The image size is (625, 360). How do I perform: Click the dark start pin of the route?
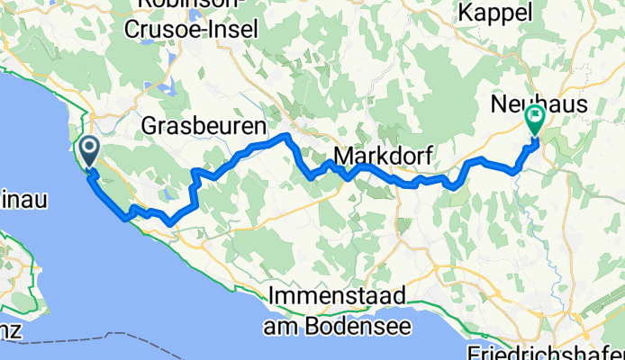(x=90, y=151)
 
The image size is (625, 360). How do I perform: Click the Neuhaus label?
(x=539, y=104)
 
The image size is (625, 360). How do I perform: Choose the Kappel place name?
(x=495, y=13)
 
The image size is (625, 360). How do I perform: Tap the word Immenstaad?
(x=338, y=295)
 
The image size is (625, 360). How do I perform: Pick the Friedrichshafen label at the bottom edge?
(x=546, y=350)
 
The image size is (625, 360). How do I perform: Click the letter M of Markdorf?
(x=343, y=154)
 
